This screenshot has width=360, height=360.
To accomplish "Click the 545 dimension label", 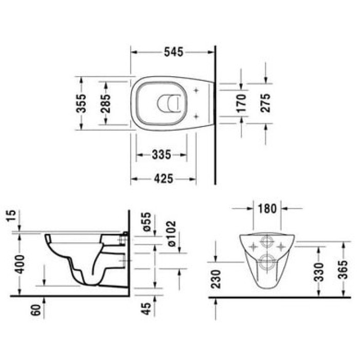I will (x=173, y=52).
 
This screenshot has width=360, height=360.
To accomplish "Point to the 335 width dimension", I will (x=160, y=154).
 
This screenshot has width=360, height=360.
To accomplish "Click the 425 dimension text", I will (x=163, y=178).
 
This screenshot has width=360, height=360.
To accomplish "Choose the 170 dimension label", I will (x=242, y=103).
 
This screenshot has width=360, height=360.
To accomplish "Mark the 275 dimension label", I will (x=266, y=103).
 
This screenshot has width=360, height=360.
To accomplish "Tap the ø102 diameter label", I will (x=170, y=233).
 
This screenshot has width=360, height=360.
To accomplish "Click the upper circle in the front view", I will (x=267, y=243).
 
